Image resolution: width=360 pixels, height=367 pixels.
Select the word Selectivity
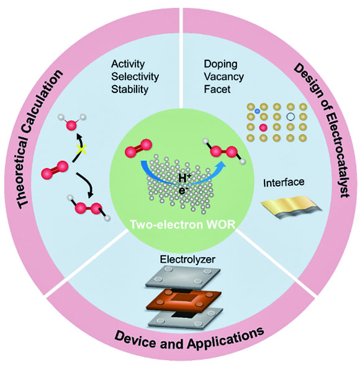tap(135, 76)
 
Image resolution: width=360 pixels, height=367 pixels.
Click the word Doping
tap(220, 64)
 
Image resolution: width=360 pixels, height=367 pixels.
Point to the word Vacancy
tap(223, 76)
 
